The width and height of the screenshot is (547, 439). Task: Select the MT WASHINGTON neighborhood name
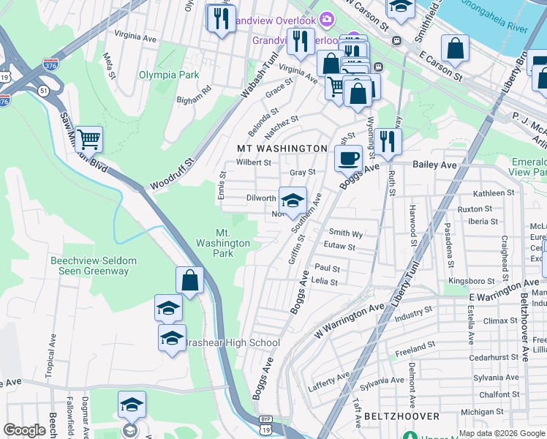coord(282,149)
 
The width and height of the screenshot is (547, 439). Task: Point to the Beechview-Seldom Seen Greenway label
coord(90,266)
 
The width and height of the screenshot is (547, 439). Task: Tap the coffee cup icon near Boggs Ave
coord(350,157)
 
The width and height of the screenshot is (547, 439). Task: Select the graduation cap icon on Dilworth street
coord(293,200)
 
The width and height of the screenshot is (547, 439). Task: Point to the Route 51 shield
coord(44,90)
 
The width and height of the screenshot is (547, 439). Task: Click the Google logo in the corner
coord(25,430)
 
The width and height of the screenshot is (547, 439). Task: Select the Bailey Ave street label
coord(434,165)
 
